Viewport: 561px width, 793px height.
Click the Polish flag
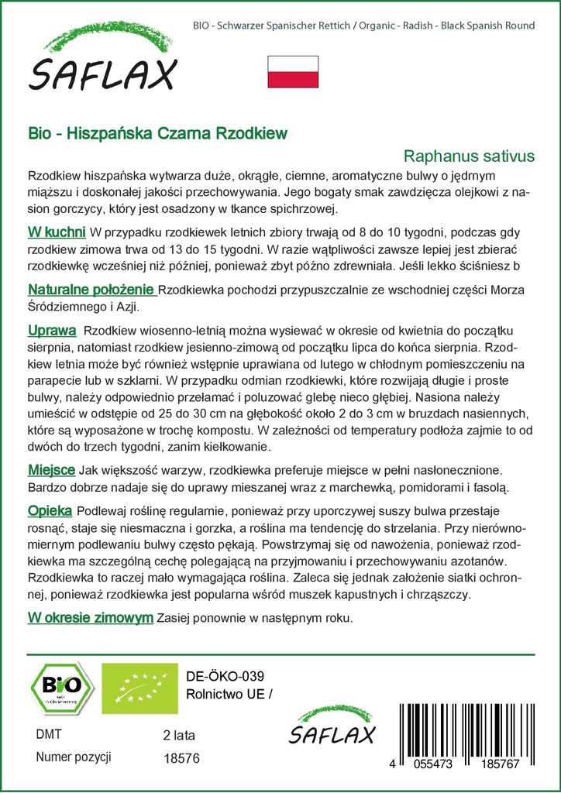tap(293, 71)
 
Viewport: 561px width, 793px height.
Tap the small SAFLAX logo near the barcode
tap(331, 728)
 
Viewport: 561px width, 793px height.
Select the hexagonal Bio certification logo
tap(61, 688)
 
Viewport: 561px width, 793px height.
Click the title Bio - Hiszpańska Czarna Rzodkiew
tap(157, 133)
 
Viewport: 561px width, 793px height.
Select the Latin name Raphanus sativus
tap(470, 156)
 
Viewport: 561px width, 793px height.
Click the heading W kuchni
tap(57, 232)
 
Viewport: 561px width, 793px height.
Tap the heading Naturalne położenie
tap(91, 290)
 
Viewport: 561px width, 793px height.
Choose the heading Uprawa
tap(51, 330)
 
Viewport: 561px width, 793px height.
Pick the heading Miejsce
tap(51, 469)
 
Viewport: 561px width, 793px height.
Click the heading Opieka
tap(50, 511)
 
